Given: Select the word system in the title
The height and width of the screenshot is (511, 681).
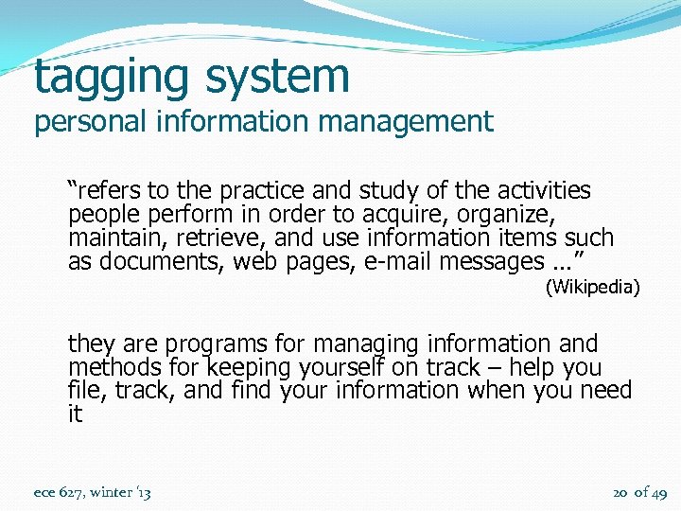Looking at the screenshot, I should click(274, 76).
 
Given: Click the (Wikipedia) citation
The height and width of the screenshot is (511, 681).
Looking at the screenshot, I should click(593, 287).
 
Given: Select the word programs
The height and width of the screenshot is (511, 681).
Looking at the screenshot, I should click(220, 344).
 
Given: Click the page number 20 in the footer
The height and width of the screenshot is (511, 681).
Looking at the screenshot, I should click(621, 492).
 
